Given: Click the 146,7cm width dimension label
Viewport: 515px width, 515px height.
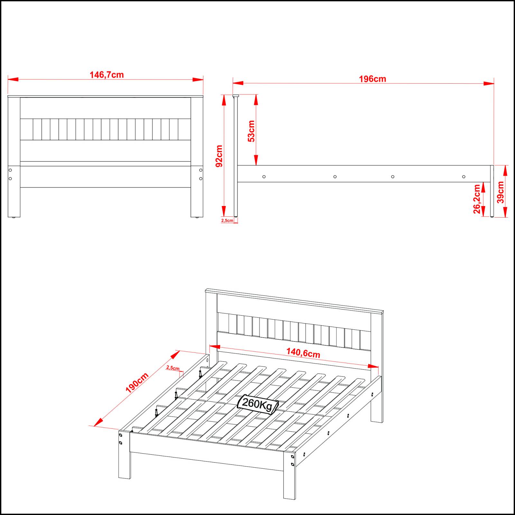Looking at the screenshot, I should [107, 75].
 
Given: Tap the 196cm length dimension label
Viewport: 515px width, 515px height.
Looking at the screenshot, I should [372, 79].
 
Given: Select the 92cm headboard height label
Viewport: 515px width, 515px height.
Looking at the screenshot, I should [219, 156].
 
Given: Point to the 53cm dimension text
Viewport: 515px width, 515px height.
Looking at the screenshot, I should [251, 131].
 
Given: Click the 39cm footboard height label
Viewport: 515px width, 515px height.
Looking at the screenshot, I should [500, 192].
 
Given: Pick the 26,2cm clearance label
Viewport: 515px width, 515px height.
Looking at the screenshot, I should [477, 199].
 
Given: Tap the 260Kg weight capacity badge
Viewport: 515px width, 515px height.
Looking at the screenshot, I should [257, 404].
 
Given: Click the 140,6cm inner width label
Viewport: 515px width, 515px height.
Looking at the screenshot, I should [303, 353].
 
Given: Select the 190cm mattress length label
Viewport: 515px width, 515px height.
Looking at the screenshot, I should [137, 383].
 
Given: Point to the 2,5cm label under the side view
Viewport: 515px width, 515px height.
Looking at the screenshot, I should [227, 220].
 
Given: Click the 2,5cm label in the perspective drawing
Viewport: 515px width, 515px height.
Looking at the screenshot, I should [173, 368].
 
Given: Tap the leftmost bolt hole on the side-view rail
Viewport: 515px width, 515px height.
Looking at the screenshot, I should [264, 177].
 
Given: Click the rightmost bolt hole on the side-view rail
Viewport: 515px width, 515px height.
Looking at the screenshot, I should [464, 177].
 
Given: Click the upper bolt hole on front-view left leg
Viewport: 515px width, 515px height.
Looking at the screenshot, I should [10, 170].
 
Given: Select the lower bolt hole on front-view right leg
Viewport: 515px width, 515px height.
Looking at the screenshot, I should [201, 178].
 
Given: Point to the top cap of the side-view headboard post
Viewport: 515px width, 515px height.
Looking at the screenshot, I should [236, 96].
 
